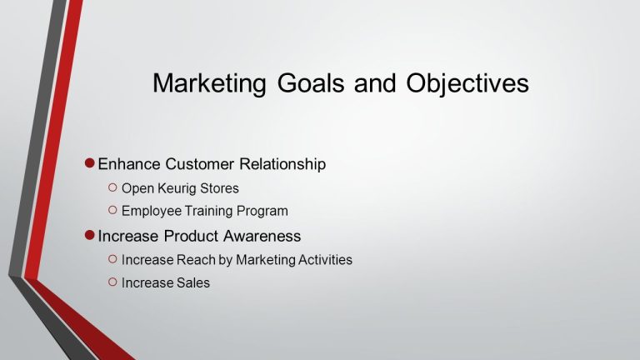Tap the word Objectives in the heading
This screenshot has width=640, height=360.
(467, 84)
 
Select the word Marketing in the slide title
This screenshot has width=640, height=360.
(209, 84)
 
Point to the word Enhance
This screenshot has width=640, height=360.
(129, 164)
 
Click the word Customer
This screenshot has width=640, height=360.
(200, 164)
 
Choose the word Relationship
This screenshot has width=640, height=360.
(282, 165)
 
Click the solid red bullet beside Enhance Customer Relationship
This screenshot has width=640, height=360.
(90, 163)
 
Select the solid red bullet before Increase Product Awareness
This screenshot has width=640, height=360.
(90, 235)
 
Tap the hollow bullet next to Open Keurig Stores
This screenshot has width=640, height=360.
(112, 187)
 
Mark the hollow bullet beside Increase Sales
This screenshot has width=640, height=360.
(112, 282)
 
